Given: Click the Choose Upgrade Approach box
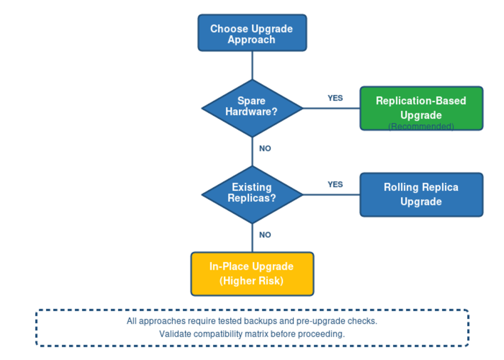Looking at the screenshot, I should [x=252, y=33].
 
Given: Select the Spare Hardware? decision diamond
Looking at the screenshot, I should [x=252, y=108].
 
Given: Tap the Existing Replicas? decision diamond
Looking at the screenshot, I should [x=252, y=194].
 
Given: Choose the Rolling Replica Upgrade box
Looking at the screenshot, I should [x=421, y=194].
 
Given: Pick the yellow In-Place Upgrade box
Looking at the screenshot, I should [x=252, y=273].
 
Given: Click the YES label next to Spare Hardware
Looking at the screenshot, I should [x=335, y=98].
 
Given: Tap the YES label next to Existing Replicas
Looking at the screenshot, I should [x=335, y=184].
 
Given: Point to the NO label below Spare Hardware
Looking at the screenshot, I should [x=265, y=149].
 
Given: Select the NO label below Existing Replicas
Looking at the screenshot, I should [x=265, y=235].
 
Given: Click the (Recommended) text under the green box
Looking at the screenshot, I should [x=421, y=126].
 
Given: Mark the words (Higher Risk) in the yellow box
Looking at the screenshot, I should [x=252, y=281].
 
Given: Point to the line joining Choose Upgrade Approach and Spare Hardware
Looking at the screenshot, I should [x=252, y=65].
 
